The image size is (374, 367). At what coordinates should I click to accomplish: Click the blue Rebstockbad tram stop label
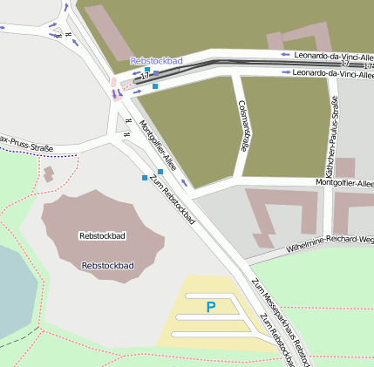pos(157,61)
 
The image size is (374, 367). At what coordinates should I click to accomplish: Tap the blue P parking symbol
pos(210,307)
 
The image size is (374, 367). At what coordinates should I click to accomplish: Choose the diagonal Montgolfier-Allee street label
pos(159,143)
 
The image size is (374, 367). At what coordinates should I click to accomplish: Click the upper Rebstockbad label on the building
pos(102,235)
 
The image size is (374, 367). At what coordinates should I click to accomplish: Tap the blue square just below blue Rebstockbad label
pos(147,69)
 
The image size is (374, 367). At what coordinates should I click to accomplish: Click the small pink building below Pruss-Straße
pos(49,173)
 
